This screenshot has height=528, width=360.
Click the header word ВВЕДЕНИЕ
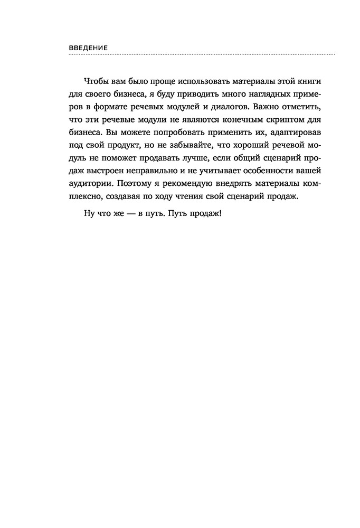[88, 48]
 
